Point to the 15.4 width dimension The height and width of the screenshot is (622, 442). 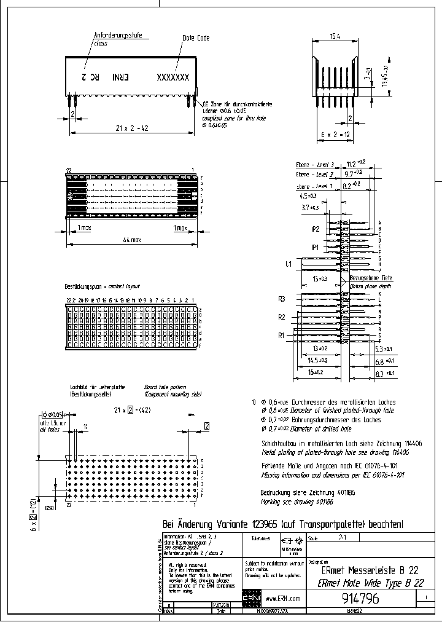335,37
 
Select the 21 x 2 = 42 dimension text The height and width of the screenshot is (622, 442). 133,127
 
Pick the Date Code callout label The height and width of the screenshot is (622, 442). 196,37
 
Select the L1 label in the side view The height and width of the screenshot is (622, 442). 288,264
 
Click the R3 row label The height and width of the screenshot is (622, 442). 282,299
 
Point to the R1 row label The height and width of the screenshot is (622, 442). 282,336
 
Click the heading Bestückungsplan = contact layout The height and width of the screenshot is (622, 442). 103,286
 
